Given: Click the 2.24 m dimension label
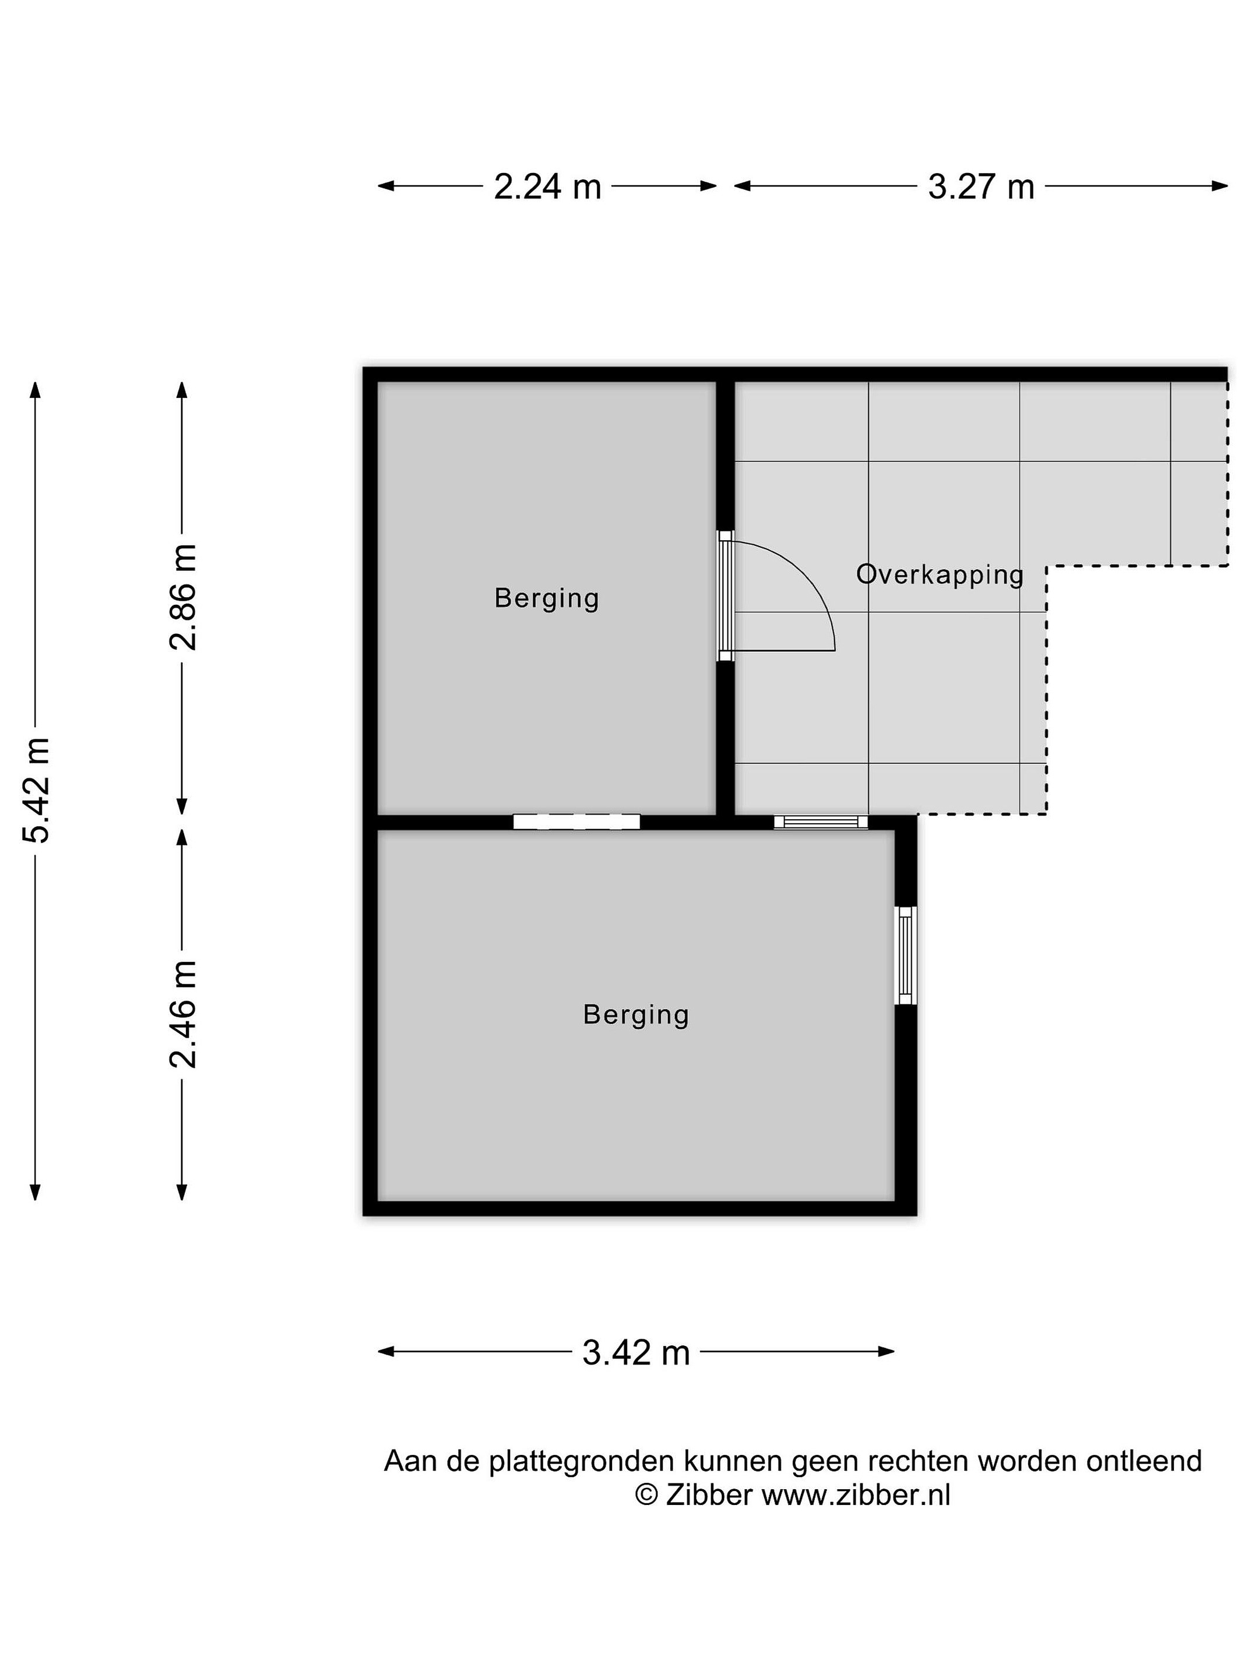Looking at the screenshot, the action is coord(547,186).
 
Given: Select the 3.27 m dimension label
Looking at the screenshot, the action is coord(981,186).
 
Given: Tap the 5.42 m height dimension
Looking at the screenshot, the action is coord(36,789).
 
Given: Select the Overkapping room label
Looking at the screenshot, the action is coord(940,574).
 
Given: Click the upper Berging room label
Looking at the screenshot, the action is coord(546,598).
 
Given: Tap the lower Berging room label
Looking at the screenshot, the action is coord(636,1015).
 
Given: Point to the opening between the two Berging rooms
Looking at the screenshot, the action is coord(577,822).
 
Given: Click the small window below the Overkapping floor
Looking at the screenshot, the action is coord(820,822).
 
